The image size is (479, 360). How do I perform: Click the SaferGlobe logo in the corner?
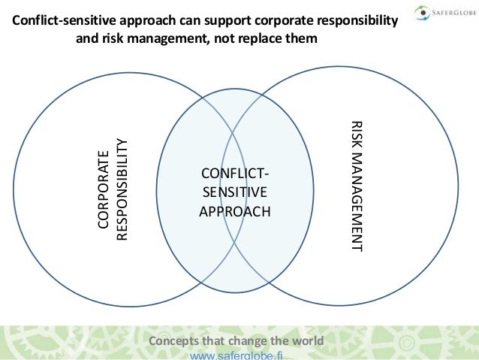443,12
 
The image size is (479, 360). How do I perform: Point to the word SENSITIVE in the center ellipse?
233,193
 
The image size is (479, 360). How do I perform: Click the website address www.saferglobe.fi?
236,355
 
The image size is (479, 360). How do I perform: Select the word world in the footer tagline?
307,340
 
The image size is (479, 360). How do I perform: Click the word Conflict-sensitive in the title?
62,23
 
